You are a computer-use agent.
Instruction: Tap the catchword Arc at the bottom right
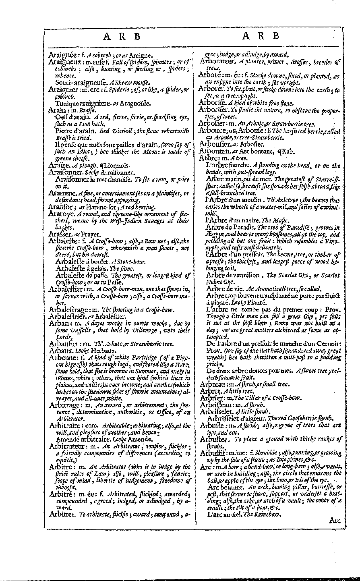pos(335,521)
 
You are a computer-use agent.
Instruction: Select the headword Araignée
pos(63,55)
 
